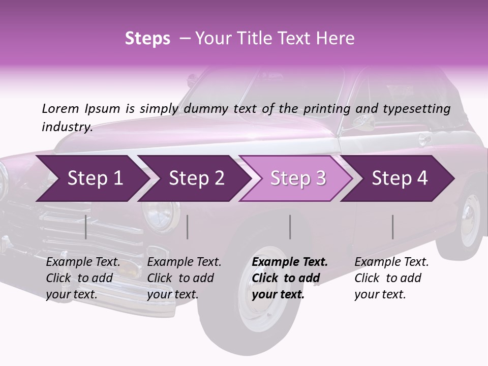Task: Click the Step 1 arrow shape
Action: click(x=91, y=178)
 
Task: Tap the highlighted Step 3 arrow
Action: click(x=297, y=178)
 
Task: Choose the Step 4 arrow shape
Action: click(x=399, y=178)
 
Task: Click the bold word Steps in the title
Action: click(x=147, y=39)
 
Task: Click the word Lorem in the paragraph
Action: click(x=60, y=108)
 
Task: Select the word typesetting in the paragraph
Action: click(x=415, y=109)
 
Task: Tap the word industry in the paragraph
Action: click(x=67, y=127)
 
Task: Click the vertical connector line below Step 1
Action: click(x=86, y=227)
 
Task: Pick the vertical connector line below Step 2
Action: click(x=188, y=227)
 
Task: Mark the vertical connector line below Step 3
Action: click(x=290, y=227)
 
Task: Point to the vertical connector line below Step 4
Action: click(x=393, y=227)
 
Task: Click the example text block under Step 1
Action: click(x=83, y=278)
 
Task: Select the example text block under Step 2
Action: click(x=184, y=278)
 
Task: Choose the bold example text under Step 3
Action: click(x=290, y=278)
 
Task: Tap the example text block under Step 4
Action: click(x=391, y=278)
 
